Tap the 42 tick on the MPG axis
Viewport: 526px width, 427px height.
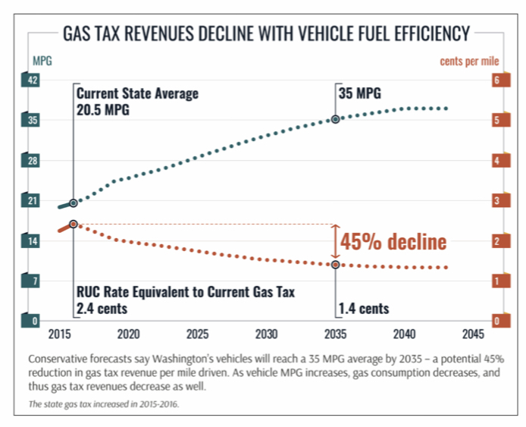(x=34, y=80)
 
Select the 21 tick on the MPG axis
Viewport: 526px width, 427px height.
(x=34, y=201)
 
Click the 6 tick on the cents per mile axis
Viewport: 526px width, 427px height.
(x=496, y=80)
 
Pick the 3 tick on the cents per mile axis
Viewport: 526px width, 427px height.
(x=496, y=201)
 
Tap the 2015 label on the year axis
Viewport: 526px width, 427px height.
(x=60, y=334)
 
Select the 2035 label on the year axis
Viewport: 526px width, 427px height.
(x=335, y=334)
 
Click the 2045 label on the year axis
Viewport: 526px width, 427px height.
(x=472, y=334)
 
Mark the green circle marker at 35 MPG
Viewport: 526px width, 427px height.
(x=335, y=119)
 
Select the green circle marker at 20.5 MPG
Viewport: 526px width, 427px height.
(x=74, y=203)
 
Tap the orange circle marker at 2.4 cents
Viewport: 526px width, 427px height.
(x=74, y=224)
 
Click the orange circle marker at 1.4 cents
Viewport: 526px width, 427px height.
(x=335, y=264)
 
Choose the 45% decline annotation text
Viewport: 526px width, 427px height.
(x=393, y=242)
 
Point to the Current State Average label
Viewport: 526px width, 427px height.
(x=137, y=94)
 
